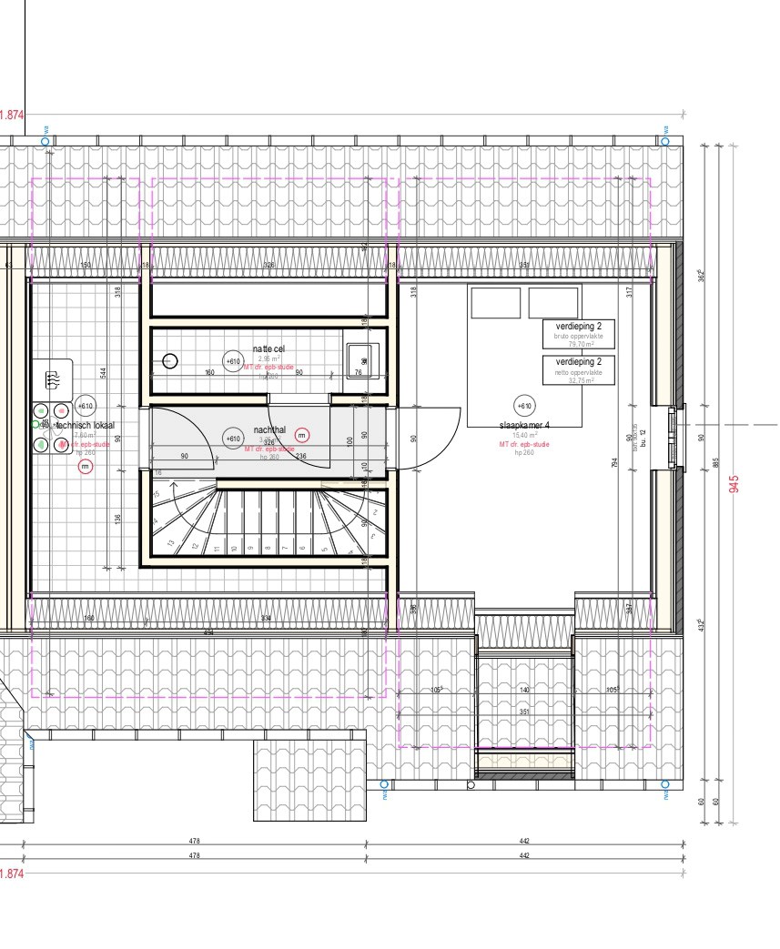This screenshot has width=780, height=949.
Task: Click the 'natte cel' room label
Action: tap(268, 349)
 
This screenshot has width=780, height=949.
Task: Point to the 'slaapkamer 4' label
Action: tap(524, 425)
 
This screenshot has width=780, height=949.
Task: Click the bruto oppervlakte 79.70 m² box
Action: tap(579, 334)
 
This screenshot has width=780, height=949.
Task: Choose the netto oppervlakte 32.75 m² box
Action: tap(579, 370)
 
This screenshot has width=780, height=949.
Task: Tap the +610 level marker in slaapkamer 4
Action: tap(524, 406)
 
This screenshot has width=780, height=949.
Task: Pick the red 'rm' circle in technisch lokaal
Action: tap(85, 467)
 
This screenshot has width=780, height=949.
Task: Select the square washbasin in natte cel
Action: tap(360, 357)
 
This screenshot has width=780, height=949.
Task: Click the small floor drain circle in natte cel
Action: tap(170, 361)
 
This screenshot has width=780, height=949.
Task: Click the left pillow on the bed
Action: tap(496, 303)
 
